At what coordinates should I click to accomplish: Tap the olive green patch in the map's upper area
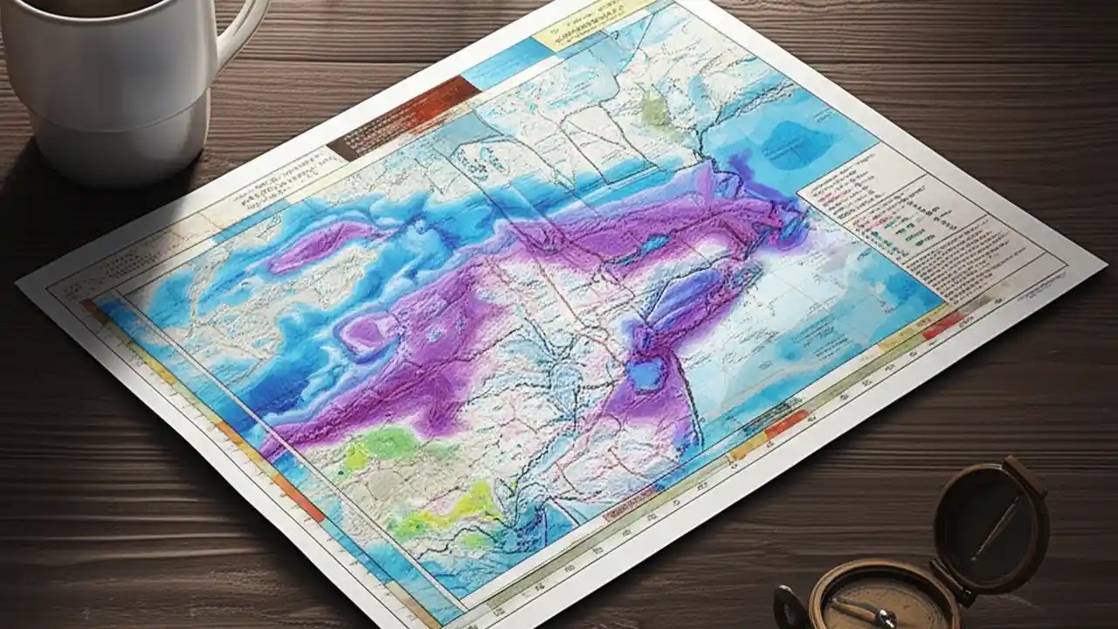(x=653, y=110)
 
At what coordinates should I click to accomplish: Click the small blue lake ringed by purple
(x=647, y=374)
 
